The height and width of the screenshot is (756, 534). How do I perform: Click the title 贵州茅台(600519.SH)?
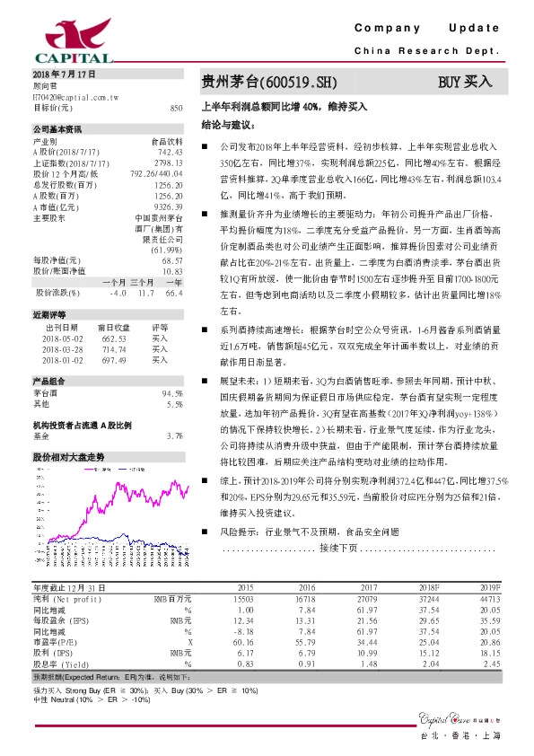tap(268, 83)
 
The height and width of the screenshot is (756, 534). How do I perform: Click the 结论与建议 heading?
tap(225, 123)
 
